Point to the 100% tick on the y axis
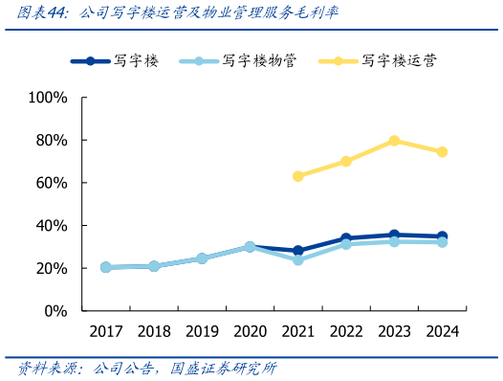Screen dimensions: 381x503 48,98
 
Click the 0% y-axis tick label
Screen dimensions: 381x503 55,311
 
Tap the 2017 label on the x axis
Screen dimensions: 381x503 105,331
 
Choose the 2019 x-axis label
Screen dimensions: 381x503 202,331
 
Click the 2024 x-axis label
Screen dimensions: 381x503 442,331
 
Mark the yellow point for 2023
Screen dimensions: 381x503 394,141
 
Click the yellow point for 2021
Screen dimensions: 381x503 297,176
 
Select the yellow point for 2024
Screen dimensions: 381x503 442,152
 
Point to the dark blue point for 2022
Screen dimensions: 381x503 345,238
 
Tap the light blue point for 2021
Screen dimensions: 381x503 297,260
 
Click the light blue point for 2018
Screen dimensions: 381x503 153,266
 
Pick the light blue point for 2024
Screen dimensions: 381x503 442,242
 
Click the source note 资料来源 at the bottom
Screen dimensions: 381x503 148,368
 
